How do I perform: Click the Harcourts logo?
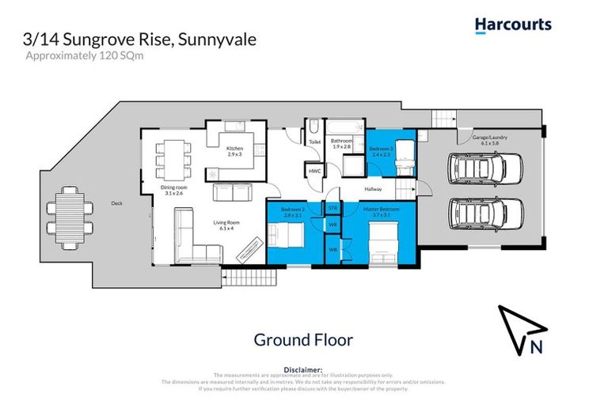pyautogui.click(x=513, y=25)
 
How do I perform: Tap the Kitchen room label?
pyautogui.click(x=234, y=151)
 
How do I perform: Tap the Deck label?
pyautogui.click(x=116, y=203)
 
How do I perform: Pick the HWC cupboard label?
pyautogui.click(x=314, y=171)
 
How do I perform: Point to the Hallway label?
pyautogui.click(x=373, y=189)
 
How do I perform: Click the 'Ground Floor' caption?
pyautogui.click(x=303, y=339)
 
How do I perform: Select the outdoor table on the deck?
pyautogui.click(x=63, y=216)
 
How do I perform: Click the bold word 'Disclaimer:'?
pyautogui.click(x=303, y=369)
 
